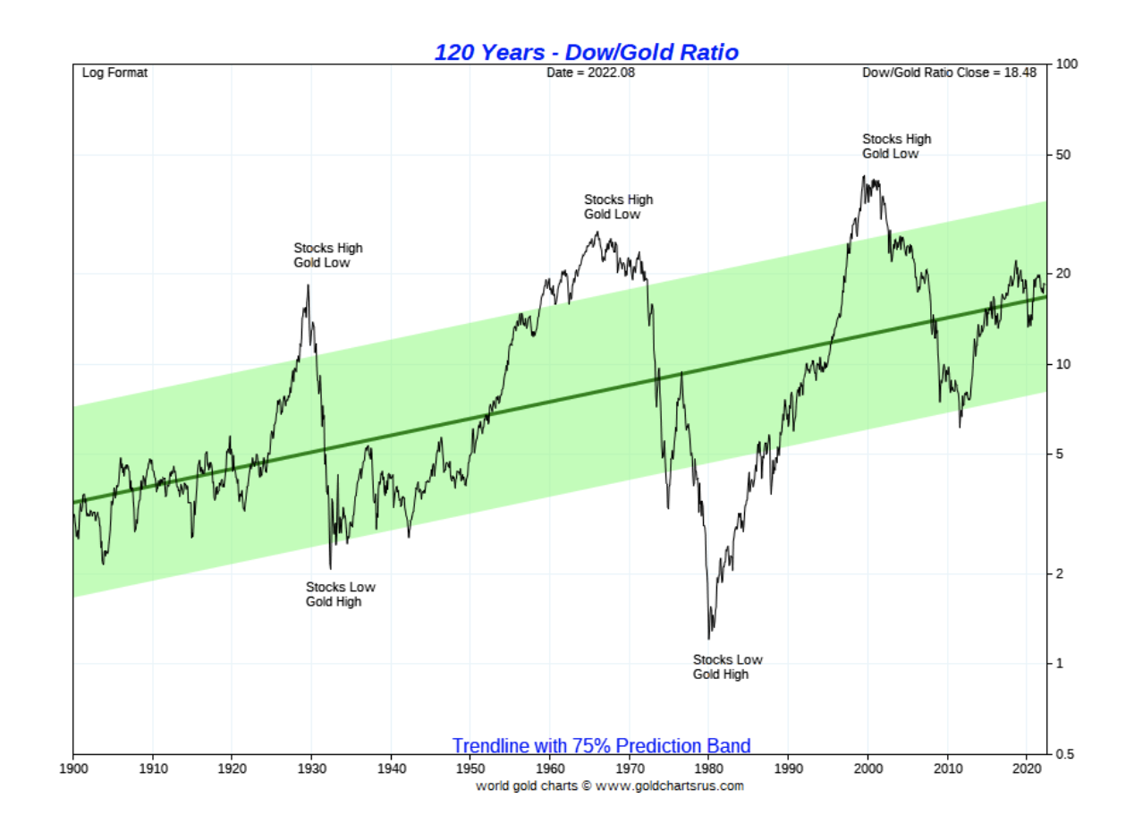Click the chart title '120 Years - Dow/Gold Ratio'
586,52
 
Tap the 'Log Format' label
114,73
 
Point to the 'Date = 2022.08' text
590,73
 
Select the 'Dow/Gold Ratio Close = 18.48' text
949,73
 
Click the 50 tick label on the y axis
1064,156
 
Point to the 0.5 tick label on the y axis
1065,754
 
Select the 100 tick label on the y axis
1067,64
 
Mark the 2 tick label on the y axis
1061,573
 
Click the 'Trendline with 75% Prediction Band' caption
601,745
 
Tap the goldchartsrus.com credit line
609,786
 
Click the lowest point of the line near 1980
708,639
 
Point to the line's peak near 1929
309,285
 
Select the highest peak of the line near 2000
863,176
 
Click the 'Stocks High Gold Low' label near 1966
617,207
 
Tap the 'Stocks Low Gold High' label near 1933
340,594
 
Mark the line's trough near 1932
330,568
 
